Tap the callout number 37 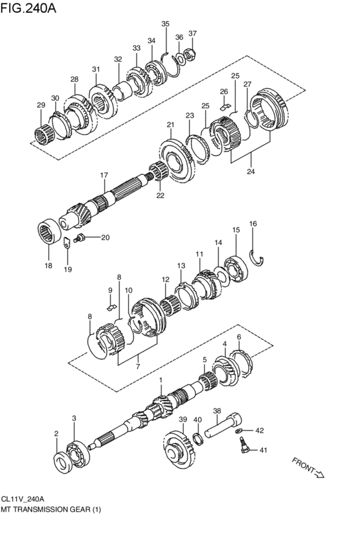192,33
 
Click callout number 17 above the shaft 104,175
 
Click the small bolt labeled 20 81,239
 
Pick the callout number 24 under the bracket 251,172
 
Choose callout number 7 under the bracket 136,366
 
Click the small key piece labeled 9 112,306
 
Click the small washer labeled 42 239,431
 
